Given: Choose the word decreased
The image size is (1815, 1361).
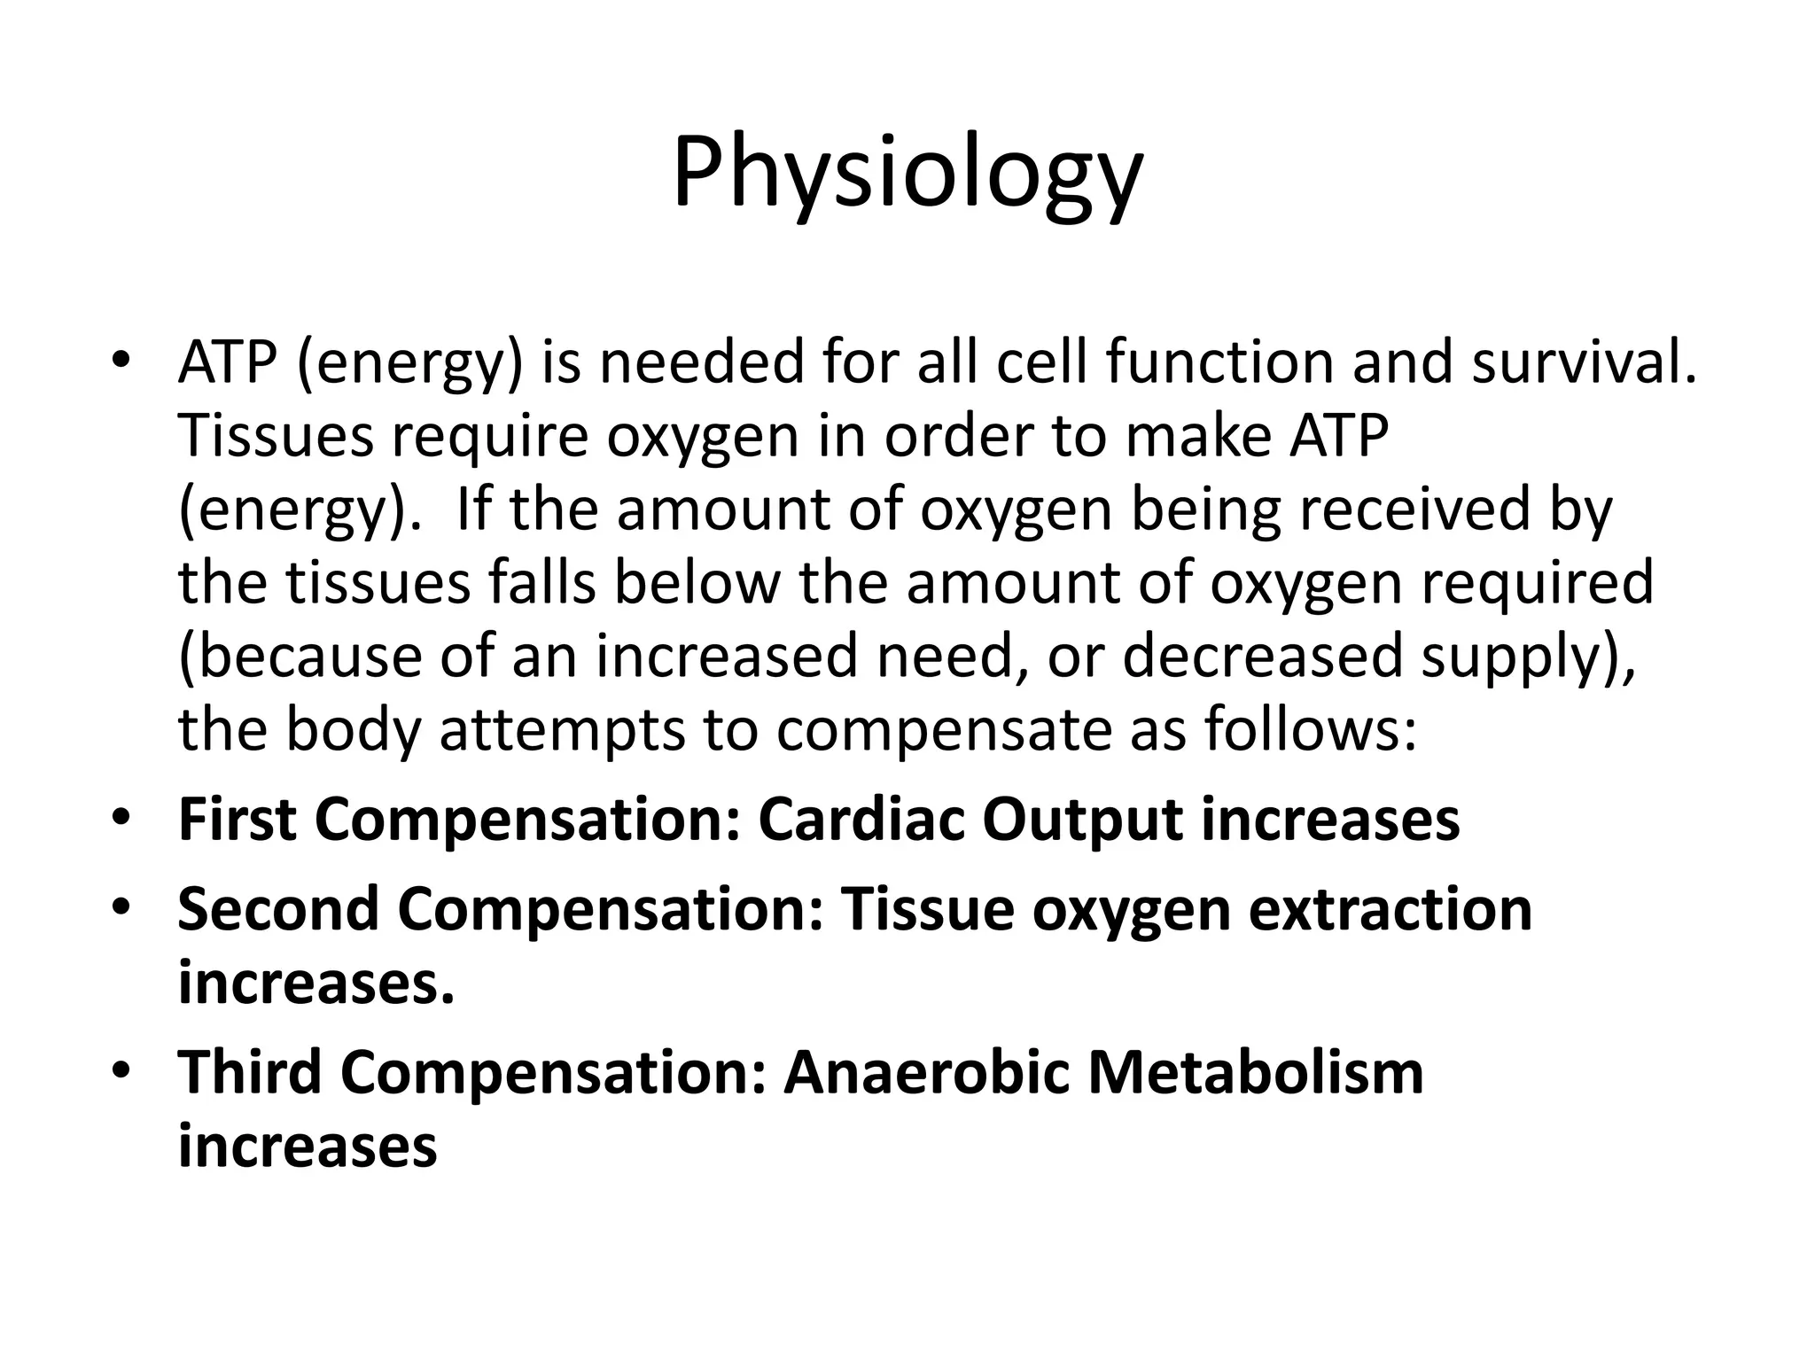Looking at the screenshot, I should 1262,657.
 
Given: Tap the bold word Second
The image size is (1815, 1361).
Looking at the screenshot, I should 278,909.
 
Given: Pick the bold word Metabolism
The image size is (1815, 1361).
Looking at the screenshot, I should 1255,1072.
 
